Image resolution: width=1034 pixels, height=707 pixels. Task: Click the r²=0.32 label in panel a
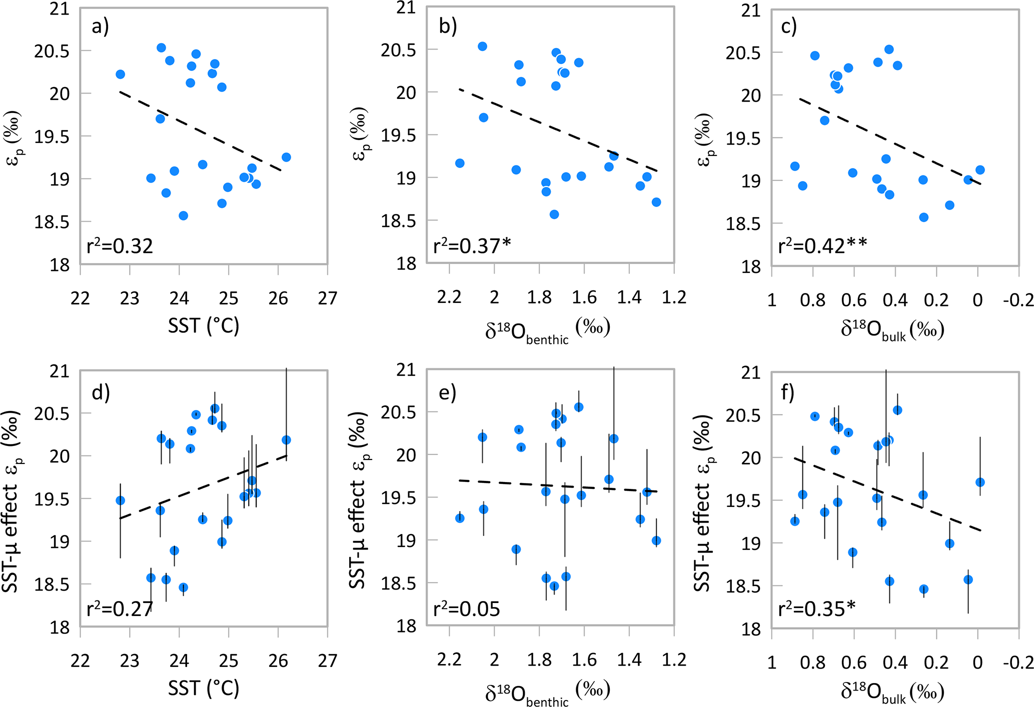[x=120, y=246]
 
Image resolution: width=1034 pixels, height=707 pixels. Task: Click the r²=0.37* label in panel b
[x=472, y=245]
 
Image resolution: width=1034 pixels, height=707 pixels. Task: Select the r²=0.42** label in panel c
[x=822, y=245]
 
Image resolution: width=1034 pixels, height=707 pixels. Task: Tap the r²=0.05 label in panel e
[x=466, y=608]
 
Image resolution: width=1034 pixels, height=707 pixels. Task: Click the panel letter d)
[x=101, y=392]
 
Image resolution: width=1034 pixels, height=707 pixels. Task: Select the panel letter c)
[x=788, y=26]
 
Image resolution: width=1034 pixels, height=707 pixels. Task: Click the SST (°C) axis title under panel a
[x=204, y=326]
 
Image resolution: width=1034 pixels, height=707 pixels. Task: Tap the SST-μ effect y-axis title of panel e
[x=357, y=500]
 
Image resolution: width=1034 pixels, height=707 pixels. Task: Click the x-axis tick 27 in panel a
[x=328, y=298]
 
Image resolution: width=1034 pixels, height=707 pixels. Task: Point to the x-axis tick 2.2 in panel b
[x=449, y=297]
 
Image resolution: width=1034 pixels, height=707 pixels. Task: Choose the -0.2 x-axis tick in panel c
[x=1018, y=300]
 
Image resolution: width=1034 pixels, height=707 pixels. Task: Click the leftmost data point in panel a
[x=120, y=74]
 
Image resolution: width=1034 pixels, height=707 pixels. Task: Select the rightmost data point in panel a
[x=286, y=157]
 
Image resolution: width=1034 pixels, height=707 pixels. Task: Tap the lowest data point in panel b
[x=554, y=214]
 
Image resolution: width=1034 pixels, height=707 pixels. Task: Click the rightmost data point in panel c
[x=980, y=170]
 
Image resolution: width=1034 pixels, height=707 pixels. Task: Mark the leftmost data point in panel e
[x=460, y=518]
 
